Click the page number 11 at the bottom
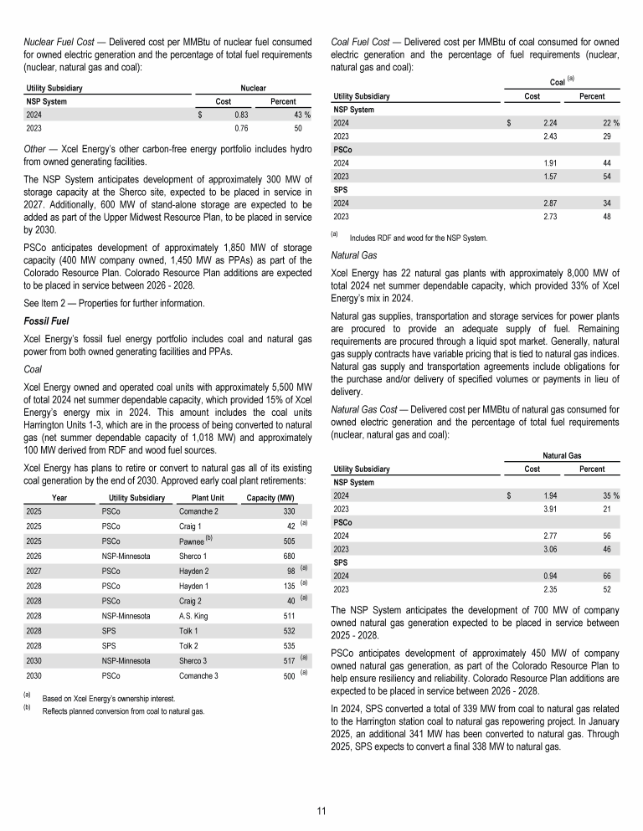click(x=321, y=811)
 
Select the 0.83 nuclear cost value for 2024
click(x=240, y=114)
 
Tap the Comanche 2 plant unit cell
click(x=199, y=510)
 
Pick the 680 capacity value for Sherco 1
click(x=288, y=556)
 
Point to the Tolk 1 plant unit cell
click(x=191, y=631)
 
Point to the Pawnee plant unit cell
click(x=197, y=541)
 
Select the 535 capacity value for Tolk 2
click(x=288, y=646)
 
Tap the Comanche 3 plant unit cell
click(x=199, y=676)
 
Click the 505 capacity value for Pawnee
click(x=288, y=541)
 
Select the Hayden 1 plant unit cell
click(x=195, y=586)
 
